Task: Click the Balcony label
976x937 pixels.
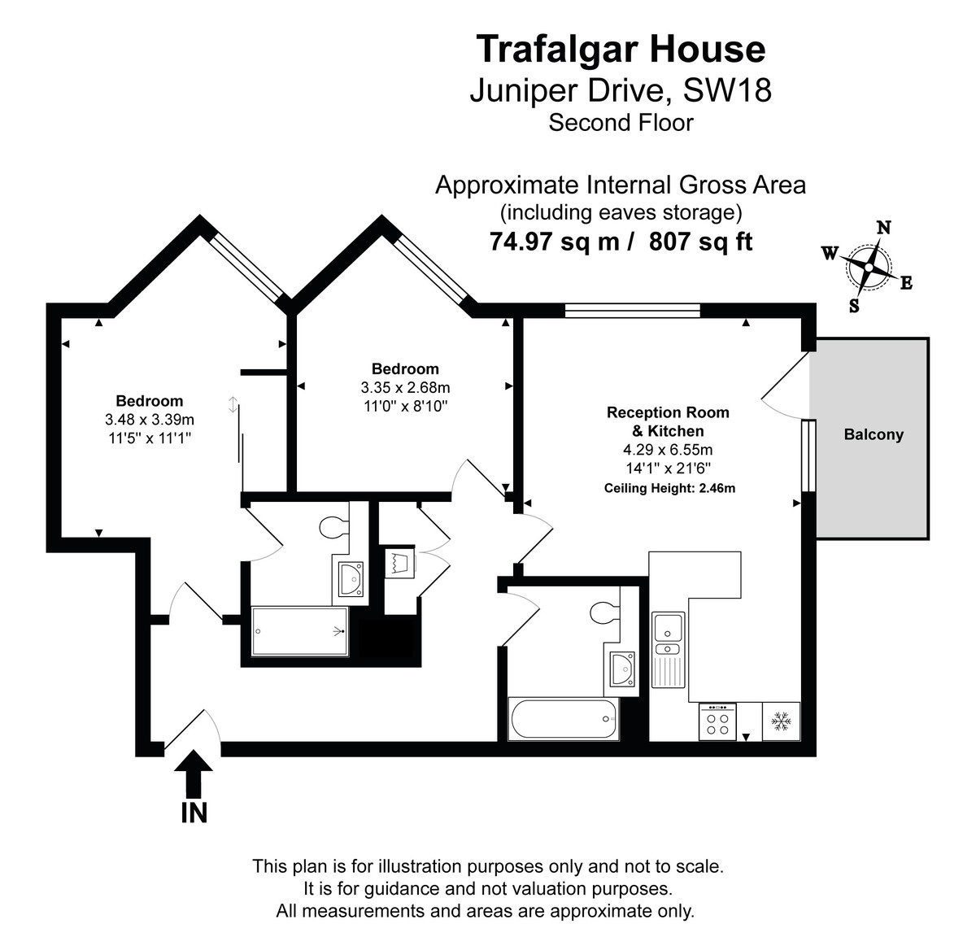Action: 874,434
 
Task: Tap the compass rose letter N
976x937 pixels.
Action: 883,228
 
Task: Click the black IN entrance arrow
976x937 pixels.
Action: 194,773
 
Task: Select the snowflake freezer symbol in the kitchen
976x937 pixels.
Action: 781,721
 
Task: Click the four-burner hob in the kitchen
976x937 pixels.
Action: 717,722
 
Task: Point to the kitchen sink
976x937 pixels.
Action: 668,628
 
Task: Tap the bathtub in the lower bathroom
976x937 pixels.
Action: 563,719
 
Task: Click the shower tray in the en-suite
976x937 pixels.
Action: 300,632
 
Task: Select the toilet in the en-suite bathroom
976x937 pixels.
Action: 333,529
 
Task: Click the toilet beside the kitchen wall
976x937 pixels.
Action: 603,611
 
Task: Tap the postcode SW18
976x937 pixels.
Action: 727,90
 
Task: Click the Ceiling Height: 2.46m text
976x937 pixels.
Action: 669,489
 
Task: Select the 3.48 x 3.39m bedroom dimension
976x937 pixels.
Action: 150,420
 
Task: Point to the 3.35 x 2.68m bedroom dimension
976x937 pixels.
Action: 405,387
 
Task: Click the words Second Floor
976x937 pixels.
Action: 621,123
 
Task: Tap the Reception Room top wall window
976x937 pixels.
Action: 632,310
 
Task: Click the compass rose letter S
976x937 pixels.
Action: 854,306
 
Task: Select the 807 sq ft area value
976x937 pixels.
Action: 701,242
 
